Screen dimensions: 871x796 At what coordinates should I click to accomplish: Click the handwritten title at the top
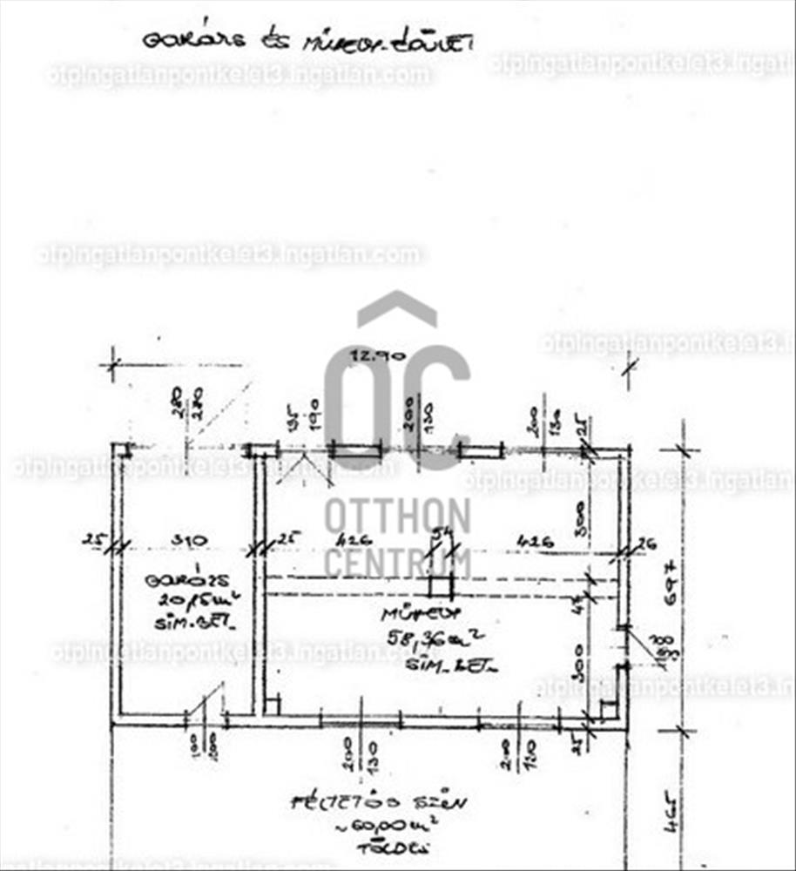coord(307,41)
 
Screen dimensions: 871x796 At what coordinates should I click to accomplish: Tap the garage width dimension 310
coord(188,540)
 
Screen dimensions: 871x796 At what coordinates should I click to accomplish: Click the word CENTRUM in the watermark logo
coord(397,562)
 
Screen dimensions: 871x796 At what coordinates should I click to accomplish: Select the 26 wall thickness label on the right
coord(645,544)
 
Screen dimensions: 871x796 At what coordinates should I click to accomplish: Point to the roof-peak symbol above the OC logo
coord(397,308)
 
